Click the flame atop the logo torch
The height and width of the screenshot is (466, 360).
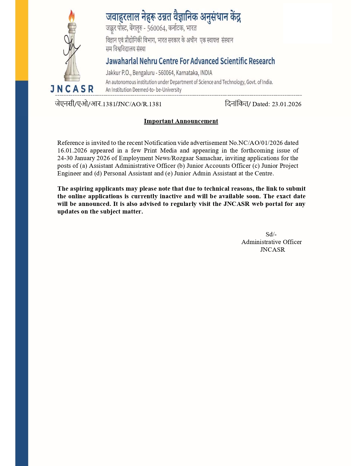coord(72,16)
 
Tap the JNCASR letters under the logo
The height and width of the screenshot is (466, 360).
coord(72,89)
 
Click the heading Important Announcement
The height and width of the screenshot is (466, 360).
coord(181,121)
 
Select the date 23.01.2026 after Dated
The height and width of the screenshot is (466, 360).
coord(286,104)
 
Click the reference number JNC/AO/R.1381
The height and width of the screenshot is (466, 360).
coord(139,104)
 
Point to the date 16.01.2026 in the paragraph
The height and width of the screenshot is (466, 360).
coord(72,151)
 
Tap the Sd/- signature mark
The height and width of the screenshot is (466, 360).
coord(271,234)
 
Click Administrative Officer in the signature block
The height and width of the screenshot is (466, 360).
coord(271,242)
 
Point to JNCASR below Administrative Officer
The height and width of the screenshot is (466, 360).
coord(272,250)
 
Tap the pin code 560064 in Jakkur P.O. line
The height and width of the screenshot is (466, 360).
coord(166,73)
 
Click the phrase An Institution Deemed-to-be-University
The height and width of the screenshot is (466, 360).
coord(143,90)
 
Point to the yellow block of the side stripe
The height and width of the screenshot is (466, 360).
coord(22,40)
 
